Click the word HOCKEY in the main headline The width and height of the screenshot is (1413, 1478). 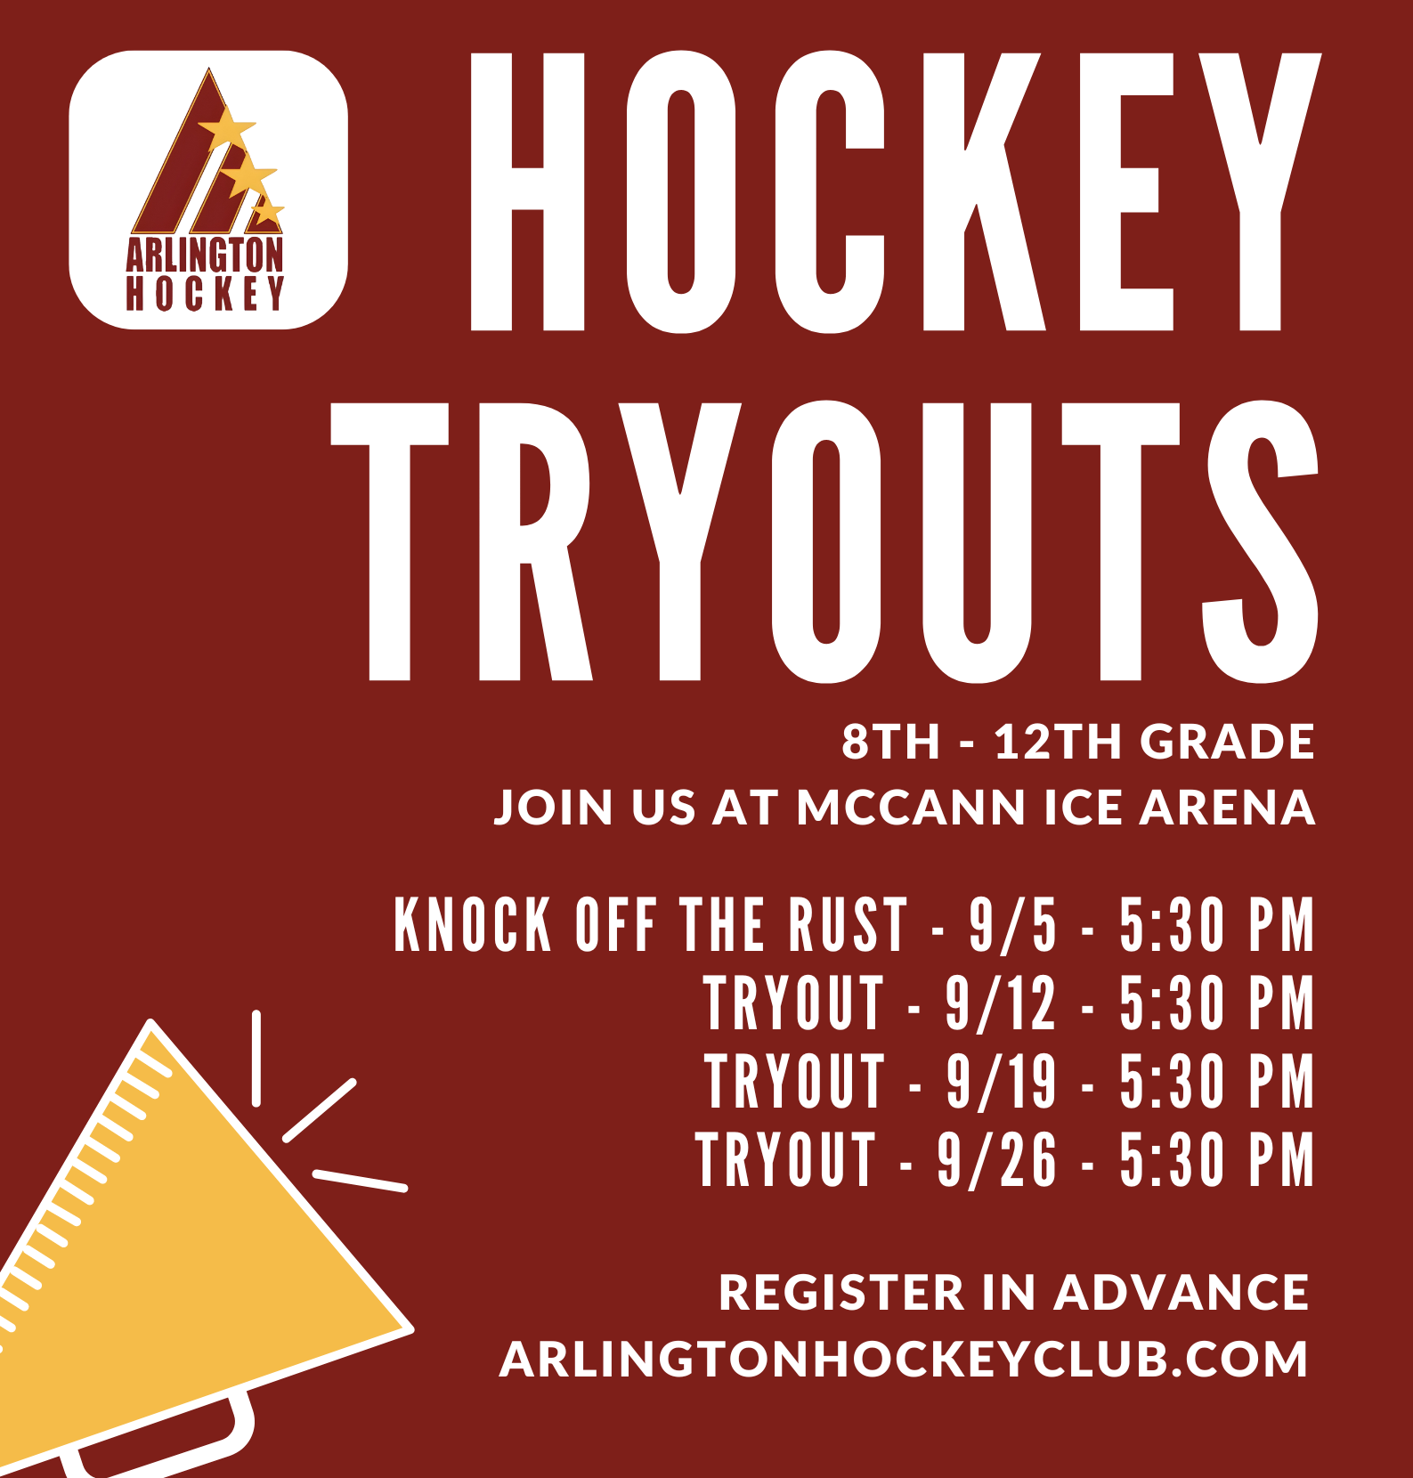(896, 191)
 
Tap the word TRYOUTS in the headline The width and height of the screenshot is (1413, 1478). (824, 541)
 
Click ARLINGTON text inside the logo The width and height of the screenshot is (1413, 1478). (205, 256)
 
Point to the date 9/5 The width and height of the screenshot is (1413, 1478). (1013, 925)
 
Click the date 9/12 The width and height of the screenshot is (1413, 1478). (1001, 1003)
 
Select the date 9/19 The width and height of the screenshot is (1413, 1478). (1001, 1082)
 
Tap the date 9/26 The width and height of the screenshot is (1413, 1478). (997, 1159)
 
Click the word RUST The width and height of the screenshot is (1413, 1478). (847, 925)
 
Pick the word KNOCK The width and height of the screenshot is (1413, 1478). (473, 925)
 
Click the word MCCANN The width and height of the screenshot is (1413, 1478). (912, 808)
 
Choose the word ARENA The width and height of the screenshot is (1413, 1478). (1227, 808)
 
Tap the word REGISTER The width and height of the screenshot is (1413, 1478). (841, 1293)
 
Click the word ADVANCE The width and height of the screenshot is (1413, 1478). (1182, 1293)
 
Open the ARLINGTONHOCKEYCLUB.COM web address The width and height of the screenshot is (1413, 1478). (904, 1360)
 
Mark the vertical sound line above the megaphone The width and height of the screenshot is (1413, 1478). (256, 1059)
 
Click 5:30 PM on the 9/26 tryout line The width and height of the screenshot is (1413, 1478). (1216, 1159)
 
